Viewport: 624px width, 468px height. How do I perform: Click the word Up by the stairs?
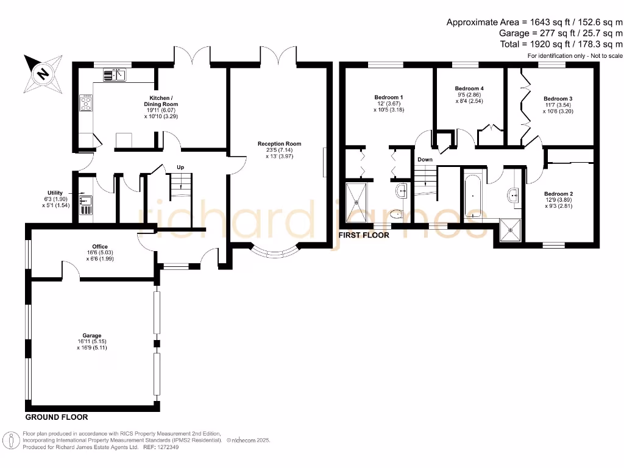pyautogui.click(x=180, y=167)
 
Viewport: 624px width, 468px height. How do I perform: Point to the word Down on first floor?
pyautogui.click(x=425, y=160)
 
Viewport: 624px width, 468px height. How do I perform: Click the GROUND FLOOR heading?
pyautogui.click(x=56, y=417)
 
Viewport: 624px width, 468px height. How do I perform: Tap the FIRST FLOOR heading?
pyautogui.click(x=364, y=235)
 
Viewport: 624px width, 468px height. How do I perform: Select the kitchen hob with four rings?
pyautogui.click(x=87, y=104)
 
